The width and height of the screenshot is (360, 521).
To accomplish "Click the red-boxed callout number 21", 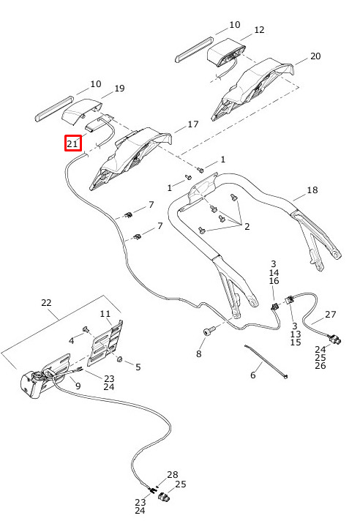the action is (72, 144).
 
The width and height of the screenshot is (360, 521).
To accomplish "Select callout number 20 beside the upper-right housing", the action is (315, 56).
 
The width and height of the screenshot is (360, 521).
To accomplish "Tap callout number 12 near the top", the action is (259, 30).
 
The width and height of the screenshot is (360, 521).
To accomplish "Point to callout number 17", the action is (193, 124).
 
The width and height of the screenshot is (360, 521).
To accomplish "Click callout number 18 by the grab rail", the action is (312, 190).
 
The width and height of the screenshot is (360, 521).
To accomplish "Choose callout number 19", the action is (119, 89).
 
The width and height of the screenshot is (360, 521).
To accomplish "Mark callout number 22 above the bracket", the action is (47, 303).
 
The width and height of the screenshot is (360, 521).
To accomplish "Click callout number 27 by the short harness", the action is (331, 314).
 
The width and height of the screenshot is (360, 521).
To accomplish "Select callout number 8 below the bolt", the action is (198, 353).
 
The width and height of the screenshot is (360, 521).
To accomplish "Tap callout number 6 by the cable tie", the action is (253, 375).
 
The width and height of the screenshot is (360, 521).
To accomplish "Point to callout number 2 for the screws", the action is (247, 227).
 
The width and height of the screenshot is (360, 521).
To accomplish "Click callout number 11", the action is (105, 314).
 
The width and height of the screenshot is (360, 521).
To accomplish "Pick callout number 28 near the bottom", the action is (173, 474).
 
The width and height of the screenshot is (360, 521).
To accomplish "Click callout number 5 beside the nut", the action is (138, 367).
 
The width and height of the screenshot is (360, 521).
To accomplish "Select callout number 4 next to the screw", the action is (72, 341).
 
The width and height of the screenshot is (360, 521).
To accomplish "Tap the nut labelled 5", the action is (121, 359).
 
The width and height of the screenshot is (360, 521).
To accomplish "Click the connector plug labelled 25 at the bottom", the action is (164, 497).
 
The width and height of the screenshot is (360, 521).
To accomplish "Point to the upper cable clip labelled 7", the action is (129, 214).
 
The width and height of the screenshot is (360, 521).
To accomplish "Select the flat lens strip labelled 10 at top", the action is (194, 50).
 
